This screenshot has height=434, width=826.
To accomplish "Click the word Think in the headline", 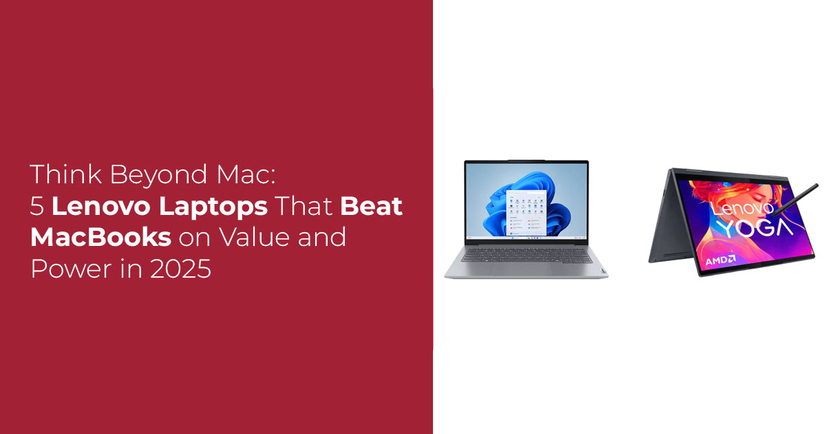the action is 66,174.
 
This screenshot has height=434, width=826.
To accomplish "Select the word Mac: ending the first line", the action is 246,174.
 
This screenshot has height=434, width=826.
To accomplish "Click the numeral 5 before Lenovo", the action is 37,206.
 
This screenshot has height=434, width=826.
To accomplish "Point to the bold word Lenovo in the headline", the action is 101,206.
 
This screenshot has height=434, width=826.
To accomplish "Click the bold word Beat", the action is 371,206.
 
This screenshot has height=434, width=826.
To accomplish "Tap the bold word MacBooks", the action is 100,237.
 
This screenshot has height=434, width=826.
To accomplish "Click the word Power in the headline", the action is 71,269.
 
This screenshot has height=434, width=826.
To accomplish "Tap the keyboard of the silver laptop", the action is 526,256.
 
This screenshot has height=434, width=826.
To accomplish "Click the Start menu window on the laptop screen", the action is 526,214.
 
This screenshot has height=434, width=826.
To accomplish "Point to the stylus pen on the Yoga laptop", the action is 794,200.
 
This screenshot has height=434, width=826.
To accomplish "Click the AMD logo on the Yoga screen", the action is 721,260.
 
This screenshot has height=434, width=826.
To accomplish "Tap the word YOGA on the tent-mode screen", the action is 755,227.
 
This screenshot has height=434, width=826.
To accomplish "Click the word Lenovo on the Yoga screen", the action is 742,209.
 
